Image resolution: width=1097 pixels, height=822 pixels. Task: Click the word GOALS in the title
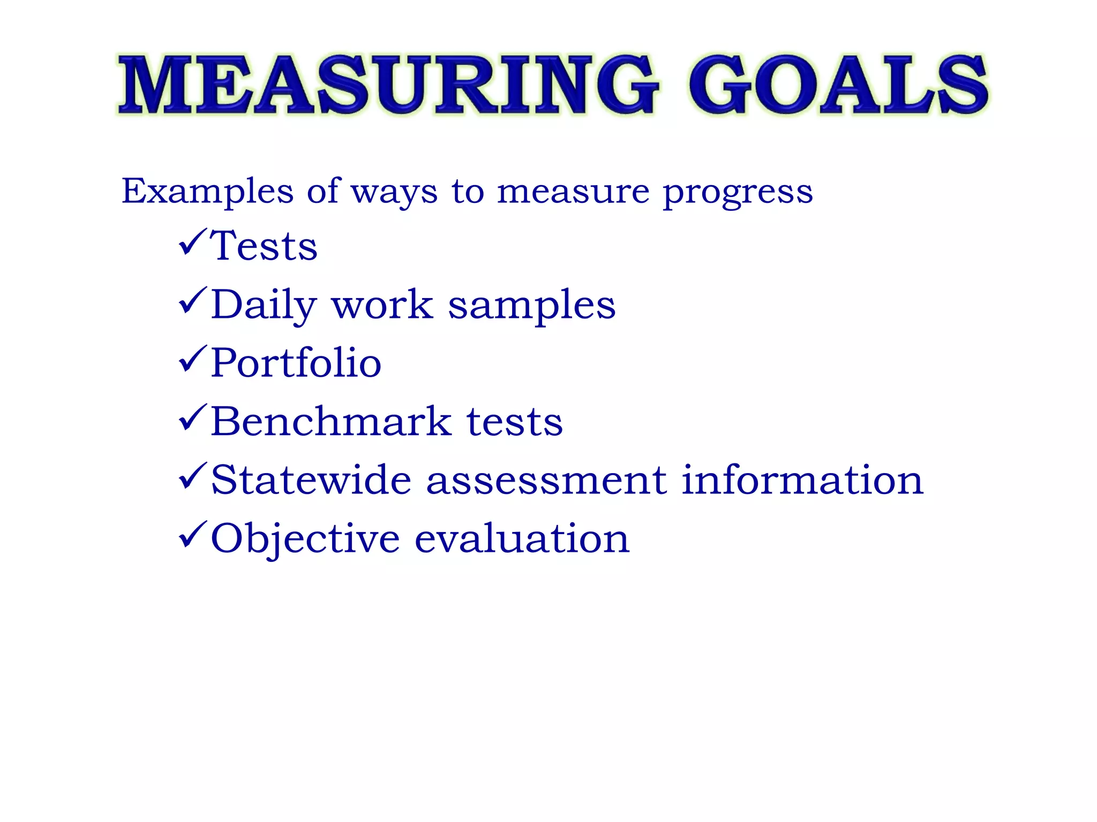point(839,85)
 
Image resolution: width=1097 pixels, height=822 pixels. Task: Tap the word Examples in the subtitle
point(207,191)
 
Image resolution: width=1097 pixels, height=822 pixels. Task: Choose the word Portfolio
point(296,363)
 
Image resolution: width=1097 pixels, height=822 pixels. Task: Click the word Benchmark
point(331,421)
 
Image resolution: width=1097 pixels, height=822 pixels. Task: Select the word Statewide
point(311,479)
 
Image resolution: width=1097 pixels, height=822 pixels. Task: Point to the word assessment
point(546,481)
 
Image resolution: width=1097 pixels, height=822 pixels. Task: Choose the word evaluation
point(522,538)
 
